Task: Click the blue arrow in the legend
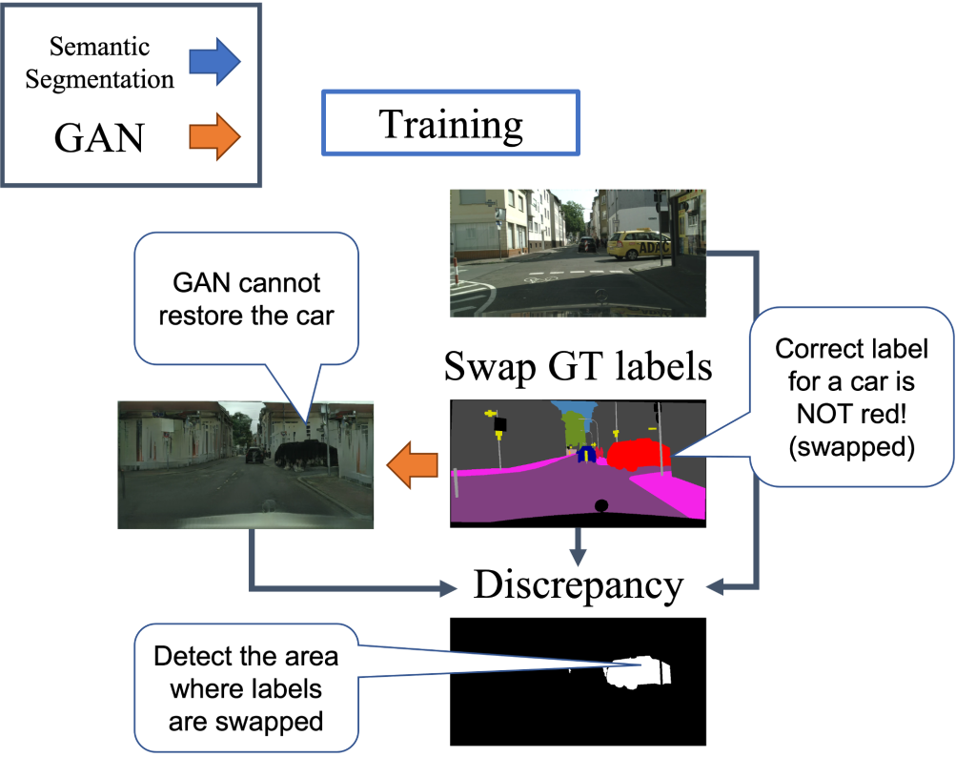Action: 214,62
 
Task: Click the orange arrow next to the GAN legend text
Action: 214,136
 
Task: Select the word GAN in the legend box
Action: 99,138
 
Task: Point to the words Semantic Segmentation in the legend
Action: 99,63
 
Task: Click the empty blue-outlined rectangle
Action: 451,123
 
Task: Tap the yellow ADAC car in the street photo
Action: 639,246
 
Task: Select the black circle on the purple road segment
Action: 600,505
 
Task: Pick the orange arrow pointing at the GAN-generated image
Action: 412,465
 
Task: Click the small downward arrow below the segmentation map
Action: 576,550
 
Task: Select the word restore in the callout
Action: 201,316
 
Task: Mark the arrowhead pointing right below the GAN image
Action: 448,590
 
